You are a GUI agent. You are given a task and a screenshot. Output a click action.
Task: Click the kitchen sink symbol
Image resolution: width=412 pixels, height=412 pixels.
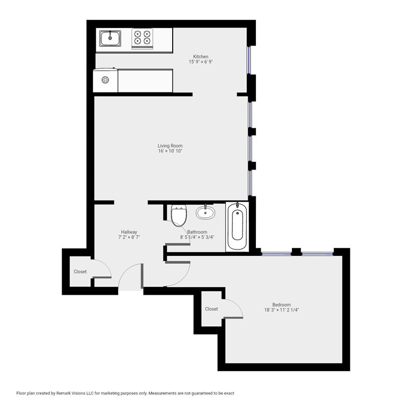(x=110, y=38)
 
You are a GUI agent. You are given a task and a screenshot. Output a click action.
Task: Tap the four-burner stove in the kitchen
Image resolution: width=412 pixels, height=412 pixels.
(x=142, y=39)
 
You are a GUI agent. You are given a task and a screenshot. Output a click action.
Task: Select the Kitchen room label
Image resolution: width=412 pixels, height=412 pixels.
(x=201, y=56)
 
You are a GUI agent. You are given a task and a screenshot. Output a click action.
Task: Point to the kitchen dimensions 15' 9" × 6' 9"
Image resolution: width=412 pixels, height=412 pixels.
(x=201, y=62)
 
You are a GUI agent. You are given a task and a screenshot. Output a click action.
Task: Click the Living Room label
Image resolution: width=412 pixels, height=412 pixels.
(x=170, y=145)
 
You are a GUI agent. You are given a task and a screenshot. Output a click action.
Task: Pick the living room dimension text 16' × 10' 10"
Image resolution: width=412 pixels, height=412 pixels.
(x=170, y=151)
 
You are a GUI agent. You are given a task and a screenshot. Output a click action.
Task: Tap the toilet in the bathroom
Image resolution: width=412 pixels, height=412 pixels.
(x=179, y=216)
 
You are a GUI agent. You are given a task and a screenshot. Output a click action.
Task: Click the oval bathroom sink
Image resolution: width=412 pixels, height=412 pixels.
(x=205, y=212)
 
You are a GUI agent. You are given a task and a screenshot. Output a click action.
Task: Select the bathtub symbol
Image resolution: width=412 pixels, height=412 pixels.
(x=237, y=226)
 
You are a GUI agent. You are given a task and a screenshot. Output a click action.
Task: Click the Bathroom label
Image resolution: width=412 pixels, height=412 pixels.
(x=197, y=232)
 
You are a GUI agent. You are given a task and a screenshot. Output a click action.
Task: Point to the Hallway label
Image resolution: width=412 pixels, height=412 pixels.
(x=129, y=232)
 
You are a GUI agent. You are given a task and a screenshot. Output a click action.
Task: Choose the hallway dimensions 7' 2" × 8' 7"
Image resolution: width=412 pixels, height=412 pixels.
(x=129, y=237)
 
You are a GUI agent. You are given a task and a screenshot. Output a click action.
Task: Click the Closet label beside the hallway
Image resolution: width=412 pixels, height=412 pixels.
(x=80, y=271)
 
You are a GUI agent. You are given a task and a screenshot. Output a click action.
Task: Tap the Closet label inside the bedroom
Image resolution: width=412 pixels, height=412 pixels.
(x=211, y=309)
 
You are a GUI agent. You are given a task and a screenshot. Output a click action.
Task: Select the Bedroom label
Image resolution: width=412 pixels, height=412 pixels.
(x=282, y=305)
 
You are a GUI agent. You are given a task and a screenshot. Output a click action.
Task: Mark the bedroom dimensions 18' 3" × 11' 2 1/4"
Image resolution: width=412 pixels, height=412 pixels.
(x=282, y=310)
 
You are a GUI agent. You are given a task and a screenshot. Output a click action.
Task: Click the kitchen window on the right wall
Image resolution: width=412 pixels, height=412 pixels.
(x=249, y=60)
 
